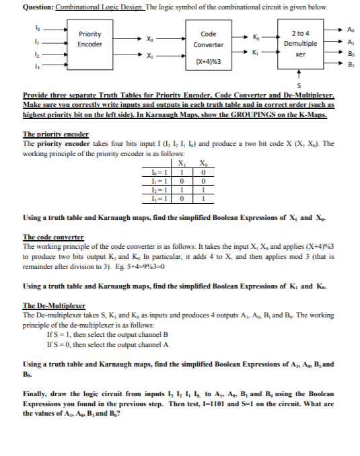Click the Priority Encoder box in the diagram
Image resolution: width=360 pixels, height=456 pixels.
(x=90, y=39)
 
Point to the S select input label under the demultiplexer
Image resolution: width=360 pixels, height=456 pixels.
(x=297, y=86)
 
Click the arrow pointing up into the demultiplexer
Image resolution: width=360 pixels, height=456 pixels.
(x=297, y=75)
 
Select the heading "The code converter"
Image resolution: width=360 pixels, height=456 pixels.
(x=53, y=237)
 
